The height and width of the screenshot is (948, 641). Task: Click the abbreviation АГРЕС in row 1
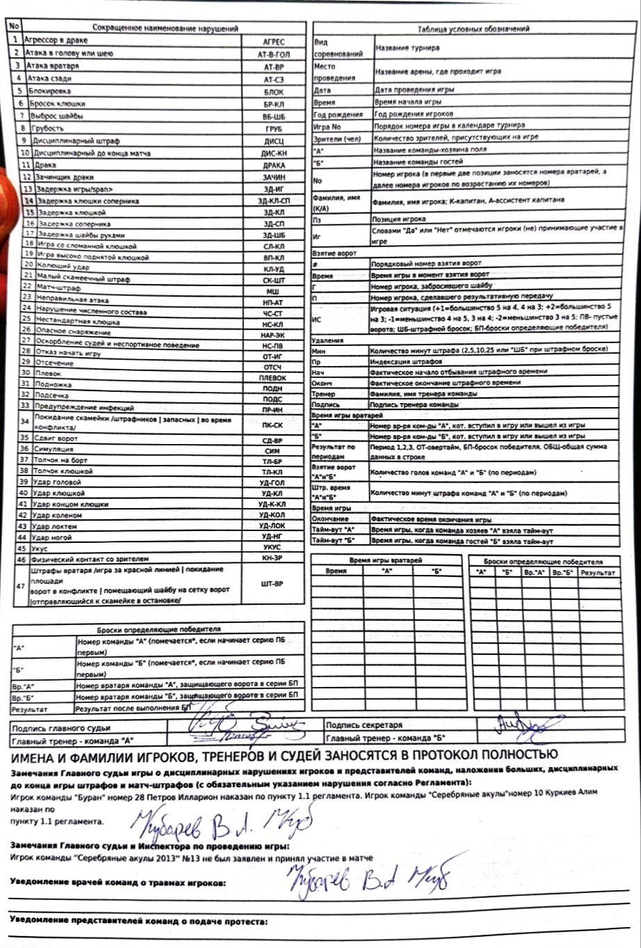tap(275, 42)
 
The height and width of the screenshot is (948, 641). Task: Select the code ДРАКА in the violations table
tap(274, 166)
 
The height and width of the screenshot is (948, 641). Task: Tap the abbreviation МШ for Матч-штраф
tap(273, 290)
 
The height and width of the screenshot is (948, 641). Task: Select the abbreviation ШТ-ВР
tap(271, 585)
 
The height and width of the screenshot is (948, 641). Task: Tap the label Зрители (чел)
tap(338, 139)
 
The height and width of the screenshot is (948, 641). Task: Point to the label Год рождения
tap(339, 114)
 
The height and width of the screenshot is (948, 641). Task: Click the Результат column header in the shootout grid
tap(599, 572)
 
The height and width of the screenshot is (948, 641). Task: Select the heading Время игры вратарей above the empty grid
tap(386, 560)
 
